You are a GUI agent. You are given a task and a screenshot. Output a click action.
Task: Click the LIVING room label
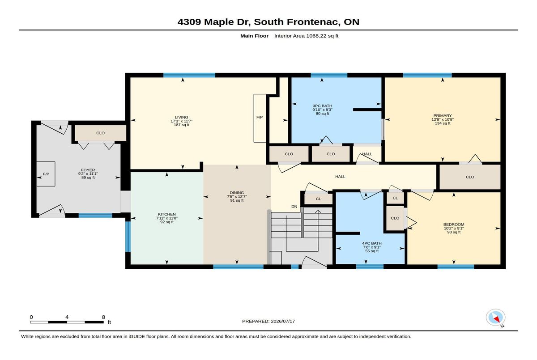(182, 117)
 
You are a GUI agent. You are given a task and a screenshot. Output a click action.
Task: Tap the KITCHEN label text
(167, 214)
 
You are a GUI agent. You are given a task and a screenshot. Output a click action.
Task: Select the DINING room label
(237, 193)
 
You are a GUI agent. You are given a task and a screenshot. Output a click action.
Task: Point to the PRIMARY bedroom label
(443, 115)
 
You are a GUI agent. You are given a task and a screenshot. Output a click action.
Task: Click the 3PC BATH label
(323, 106)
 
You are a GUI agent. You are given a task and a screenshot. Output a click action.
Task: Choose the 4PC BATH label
(372, 243)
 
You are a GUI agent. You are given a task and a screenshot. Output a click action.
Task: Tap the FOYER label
(88, 170)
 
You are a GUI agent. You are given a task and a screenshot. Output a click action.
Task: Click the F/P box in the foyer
(46, 174)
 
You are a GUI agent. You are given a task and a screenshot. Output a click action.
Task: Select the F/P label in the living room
(260, 117)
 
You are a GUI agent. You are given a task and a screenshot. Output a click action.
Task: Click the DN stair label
(294, 207)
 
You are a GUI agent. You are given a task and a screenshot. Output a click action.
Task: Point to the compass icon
(495, 318)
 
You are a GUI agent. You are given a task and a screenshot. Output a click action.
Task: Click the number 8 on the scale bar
(103, 317)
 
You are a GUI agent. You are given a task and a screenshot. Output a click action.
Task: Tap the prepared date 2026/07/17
(283, 321)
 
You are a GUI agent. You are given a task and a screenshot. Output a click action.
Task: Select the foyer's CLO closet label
(100, 133)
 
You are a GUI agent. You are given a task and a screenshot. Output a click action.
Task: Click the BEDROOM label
(454, 224)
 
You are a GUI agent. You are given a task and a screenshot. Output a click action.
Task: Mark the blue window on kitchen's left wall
(128, 237)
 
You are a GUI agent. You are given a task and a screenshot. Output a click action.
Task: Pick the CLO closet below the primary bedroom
(470, 177)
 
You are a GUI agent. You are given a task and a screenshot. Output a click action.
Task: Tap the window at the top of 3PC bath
(329, 75)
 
